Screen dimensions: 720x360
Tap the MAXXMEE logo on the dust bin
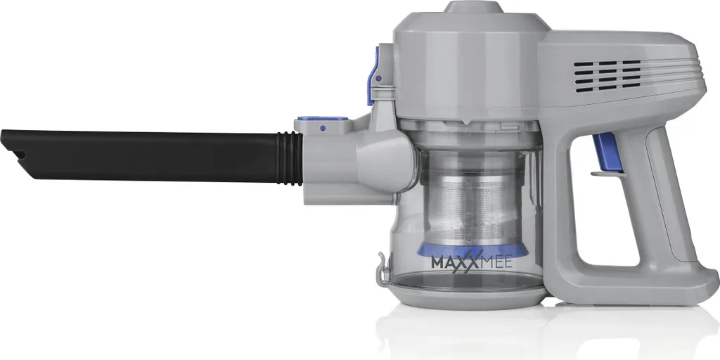point(471,263)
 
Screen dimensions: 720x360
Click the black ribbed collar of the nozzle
point(290,158)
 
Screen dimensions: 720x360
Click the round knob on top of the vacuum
point(473,6)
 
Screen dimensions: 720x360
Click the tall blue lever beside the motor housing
point(373,76)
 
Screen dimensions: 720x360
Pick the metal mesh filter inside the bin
point(472,207)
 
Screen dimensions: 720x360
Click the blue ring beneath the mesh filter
point(472,251)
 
